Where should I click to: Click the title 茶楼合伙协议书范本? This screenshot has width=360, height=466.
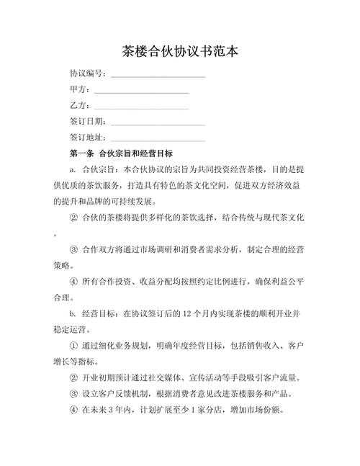click(x=179, y=52)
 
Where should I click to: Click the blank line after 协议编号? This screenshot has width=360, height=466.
click(x=158, y=76)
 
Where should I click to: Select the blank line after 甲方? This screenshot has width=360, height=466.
click(x=141, y=91)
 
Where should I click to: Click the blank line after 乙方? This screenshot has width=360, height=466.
click(x=141, y=107)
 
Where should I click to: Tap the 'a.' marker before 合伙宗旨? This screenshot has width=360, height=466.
click(x=73, y=170)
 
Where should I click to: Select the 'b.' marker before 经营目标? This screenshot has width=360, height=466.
click(x=73, y=314)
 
